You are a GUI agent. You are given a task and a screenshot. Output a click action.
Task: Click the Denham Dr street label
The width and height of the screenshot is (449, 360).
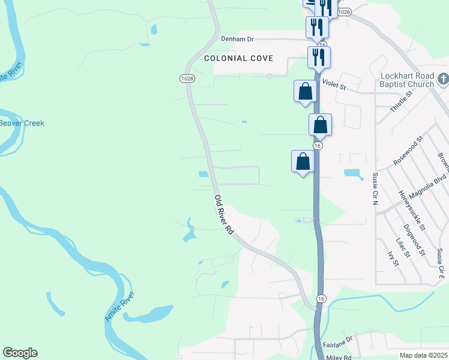(238, 39)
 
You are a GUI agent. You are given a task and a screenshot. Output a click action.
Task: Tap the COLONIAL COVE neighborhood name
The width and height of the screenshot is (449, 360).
(238, 58)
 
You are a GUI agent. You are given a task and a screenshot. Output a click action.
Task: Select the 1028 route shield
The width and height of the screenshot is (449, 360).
(187, 79)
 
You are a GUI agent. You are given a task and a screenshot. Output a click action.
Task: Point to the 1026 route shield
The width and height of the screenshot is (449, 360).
(343, 12)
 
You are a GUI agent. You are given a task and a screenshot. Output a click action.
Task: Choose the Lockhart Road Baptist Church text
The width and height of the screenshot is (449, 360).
(407, 80)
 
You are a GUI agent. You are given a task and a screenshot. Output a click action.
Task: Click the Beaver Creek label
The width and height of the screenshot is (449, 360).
(22, 123)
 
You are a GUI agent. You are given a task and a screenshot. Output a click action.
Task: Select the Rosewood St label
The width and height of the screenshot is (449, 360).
(408, 150)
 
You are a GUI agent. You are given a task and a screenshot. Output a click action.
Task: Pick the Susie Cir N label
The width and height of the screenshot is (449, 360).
(375, 189)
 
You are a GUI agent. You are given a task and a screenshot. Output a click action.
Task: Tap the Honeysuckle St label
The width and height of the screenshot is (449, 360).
(412, 211)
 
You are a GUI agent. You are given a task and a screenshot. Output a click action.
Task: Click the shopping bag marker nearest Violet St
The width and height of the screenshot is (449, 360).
(306, 91)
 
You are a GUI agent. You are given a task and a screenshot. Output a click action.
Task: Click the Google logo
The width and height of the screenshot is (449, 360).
(20, 353)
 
